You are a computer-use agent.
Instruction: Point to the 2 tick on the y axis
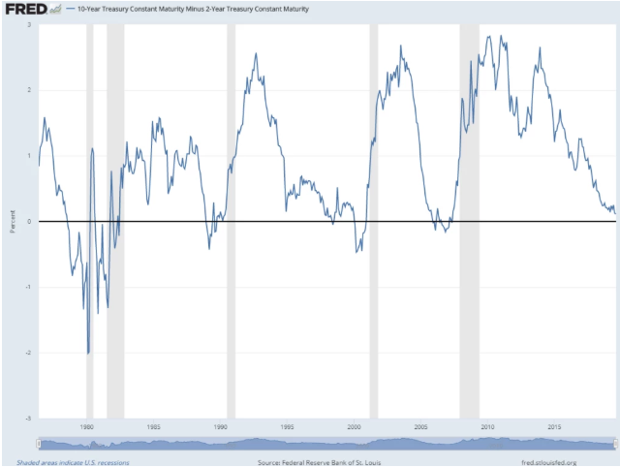pyautogui.click(x=30, y=90)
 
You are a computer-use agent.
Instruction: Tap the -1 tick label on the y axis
pyautogui.click(x=29, y=288)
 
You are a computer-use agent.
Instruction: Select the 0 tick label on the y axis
pyautogui.click(x=30, y=222)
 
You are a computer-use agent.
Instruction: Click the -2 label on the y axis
pyautogui.click(x=29, y=354)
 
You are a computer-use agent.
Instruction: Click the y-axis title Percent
pyautogui.click(x=12, y=222)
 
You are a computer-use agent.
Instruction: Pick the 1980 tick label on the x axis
pyautogui.click(x=88, y=426)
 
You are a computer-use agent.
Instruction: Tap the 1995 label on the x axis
pyautogui.click(x=288, y=426)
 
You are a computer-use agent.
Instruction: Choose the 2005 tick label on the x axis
pyautogui.click(x=420, y=426)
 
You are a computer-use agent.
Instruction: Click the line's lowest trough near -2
pyautogui.click(x=88, y=354)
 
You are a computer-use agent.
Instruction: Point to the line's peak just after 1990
pyautogui.click(x=256, y=54)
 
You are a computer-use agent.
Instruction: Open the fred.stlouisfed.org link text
pyautogui.click(x=548, y=462)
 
